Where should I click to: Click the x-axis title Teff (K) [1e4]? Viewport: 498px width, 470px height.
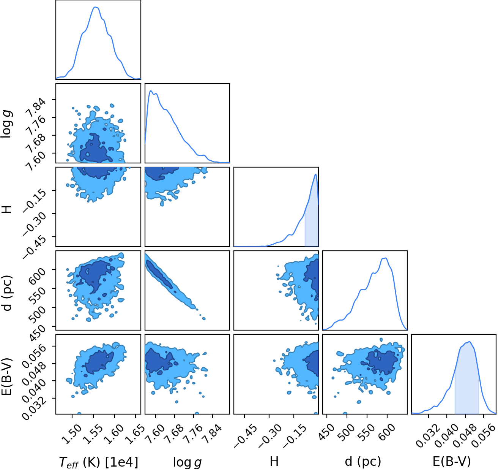(99, 462)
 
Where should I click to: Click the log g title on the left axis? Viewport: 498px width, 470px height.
(7, 125)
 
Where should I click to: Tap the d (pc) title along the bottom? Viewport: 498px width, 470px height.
(363, 462)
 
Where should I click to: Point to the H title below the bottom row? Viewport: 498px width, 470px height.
(274, 462)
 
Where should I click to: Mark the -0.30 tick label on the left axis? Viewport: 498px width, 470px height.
(35, 221)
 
